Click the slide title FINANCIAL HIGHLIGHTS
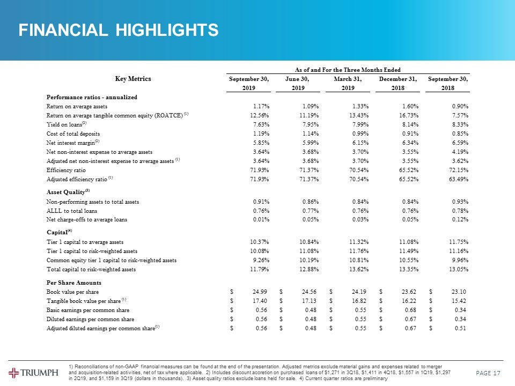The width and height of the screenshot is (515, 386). tap(119, 30)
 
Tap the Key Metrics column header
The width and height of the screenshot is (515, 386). tap(133, 79)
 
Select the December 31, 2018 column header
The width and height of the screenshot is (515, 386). tap(398, 84)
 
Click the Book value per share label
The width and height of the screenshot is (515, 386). tap(72, 291)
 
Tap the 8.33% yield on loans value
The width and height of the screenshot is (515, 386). tap(459, 124)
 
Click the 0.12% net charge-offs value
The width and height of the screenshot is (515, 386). tap(459, 220)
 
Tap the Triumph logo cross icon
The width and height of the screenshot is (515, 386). tap(15, 373)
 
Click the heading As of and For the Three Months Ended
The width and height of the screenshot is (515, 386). tap(348, 69)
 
